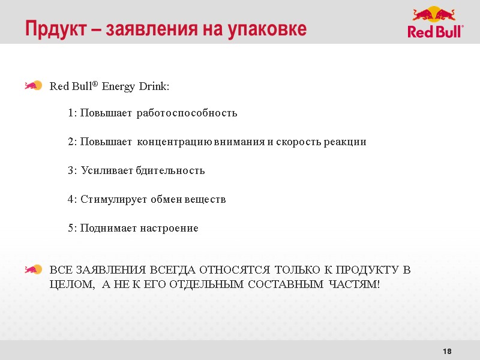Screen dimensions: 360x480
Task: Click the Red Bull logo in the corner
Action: pyautogui.click(x=435, y=22)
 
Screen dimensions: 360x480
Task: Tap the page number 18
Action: pyautogui.click(x=446, y=350)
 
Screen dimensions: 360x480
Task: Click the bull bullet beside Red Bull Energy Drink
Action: pyautogui.click(x=33, y=86)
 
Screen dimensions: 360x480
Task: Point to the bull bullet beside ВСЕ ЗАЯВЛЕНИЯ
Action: pyautogui.click(x=33, y=269)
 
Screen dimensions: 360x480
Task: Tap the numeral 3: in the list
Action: pyautogui.click(x=73, y=170)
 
